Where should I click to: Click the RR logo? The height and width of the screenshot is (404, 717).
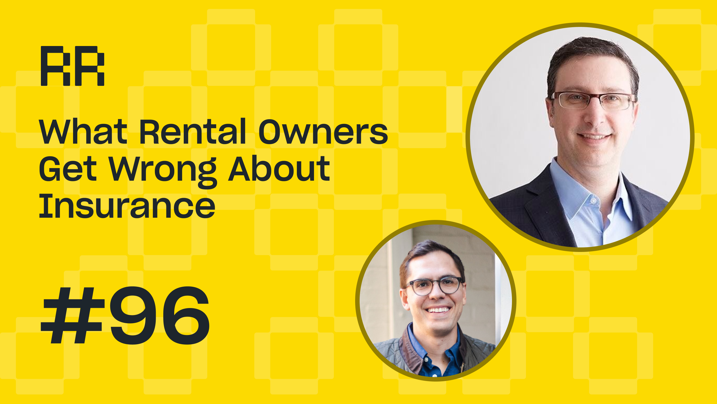tap(73, 66)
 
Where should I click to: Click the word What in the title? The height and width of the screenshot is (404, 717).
tap(83, 131)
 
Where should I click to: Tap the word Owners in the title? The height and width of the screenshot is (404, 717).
tap(323, 131)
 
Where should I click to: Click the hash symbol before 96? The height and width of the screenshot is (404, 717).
tap(73, 315)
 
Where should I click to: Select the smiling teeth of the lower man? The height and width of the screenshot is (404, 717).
tap(438, 310)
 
